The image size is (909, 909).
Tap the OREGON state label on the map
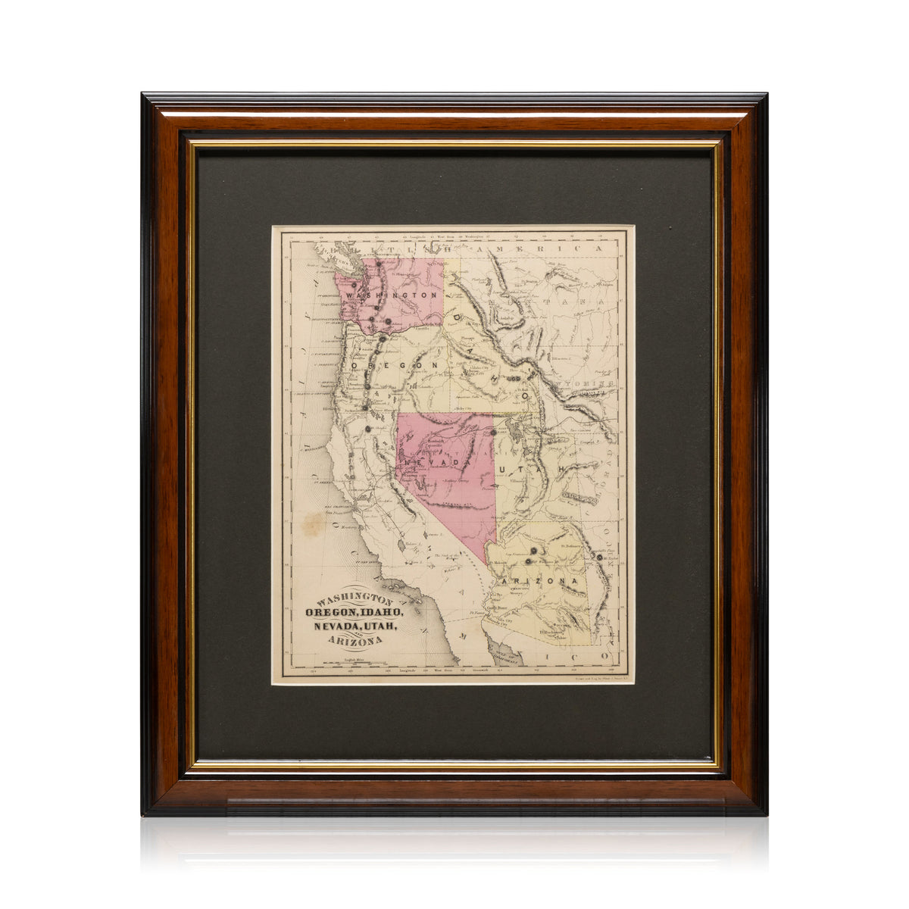pyautogui.click(x=394, y=365)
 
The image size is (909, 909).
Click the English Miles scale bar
pyautogui.click(x=353, y=664)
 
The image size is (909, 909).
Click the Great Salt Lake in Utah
pyautogui.click(x=520, y=436)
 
